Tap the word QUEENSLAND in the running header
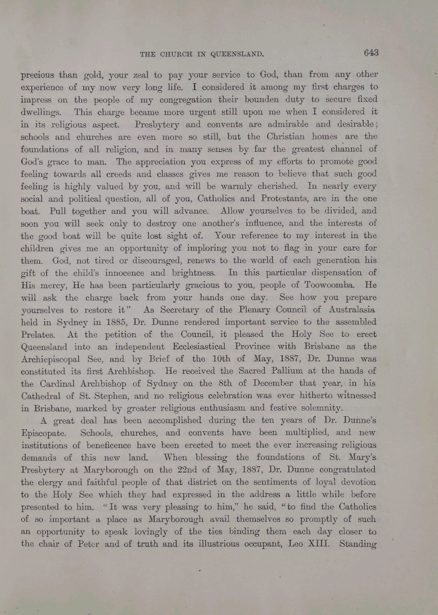228,54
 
